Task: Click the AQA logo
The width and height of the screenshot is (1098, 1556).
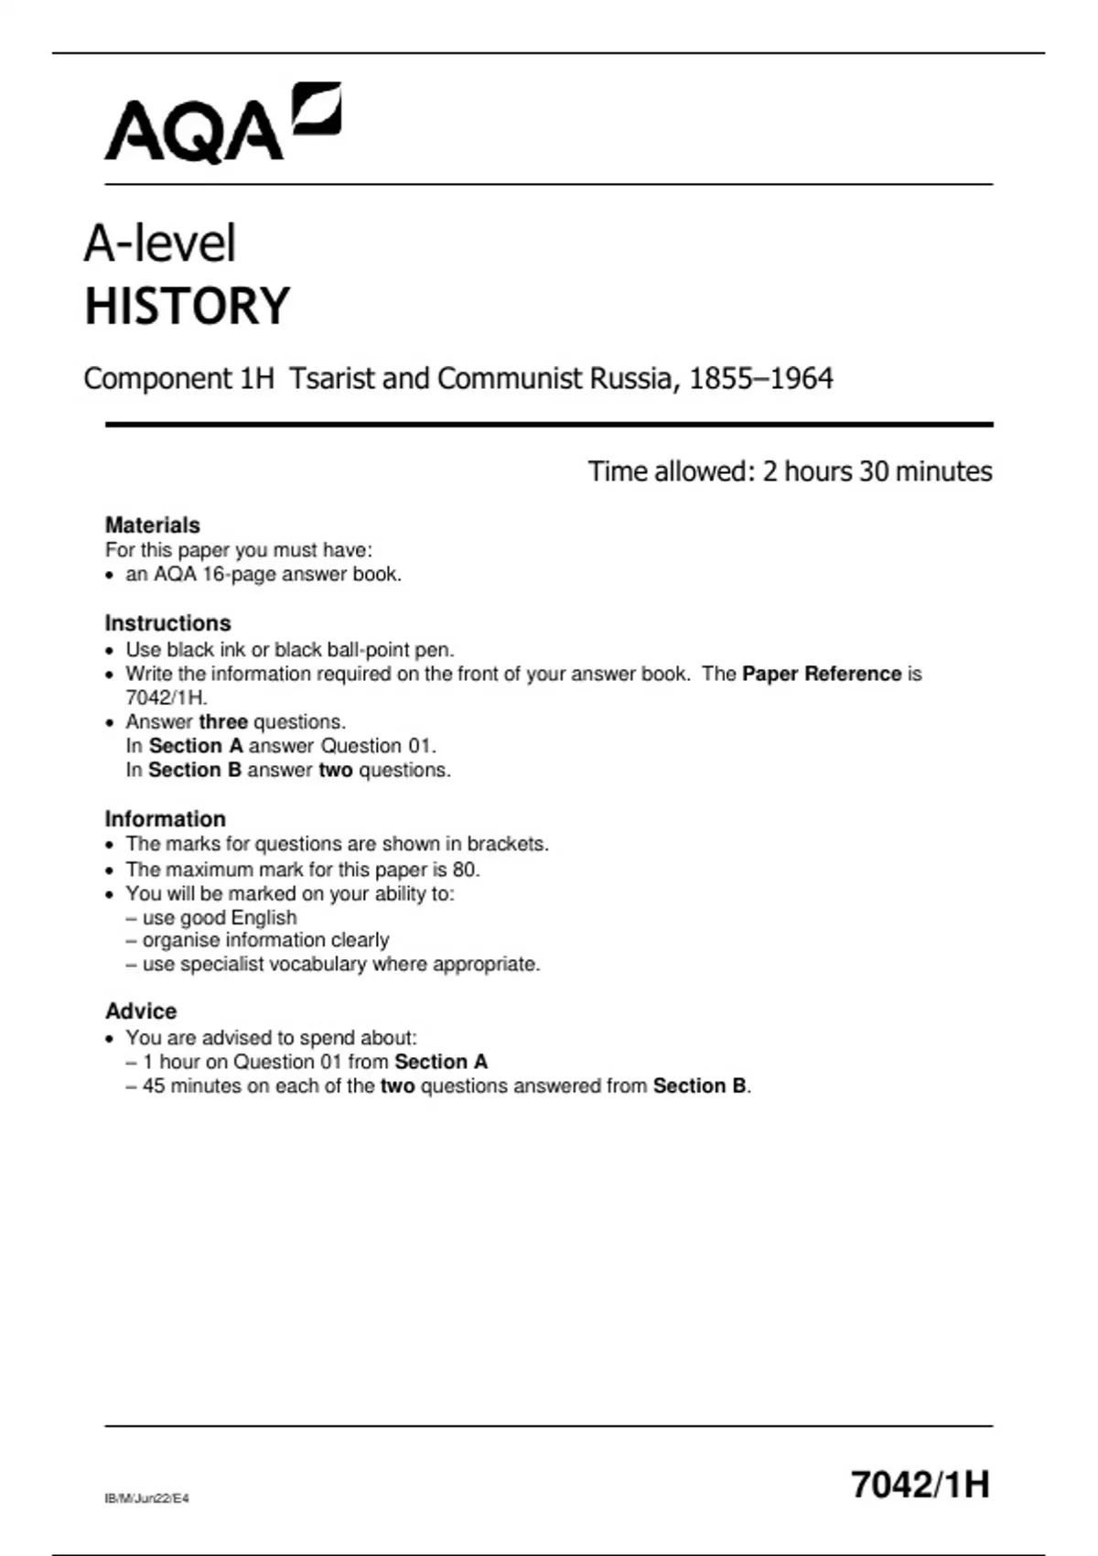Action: coord(222,124)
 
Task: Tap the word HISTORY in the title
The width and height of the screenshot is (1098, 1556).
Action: coord(187,306)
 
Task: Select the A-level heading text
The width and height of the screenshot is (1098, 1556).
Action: coord(160,243)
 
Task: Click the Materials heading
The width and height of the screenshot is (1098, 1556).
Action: coord(152,524)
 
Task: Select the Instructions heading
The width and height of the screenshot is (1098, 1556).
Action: coord(167,622)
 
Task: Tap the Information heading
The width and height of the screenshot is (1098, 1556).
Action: coord(165,818)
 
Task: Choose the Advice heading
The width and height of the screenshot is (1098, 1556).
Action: coord(141,1010)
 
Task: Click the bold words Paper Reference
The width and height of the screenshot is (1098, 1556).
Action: coord(822,674)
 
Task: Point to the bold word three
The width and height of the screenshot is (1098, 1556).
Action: coord(223,721)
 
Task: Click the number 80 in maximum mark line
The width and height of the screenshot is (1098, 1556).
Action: coord(464,869)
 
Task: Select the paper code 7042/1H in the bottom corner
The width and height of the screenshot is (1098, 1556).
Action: coord(920,1484)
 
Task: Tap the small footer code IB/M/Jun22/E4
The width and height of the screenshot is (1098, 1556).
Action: coord(147,1498)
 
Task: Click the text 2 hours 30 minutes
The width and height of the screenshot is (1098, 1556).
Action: coord(877,471)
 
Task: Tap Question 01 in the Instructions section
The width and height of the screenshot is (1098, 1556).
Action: coord(376,745)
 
